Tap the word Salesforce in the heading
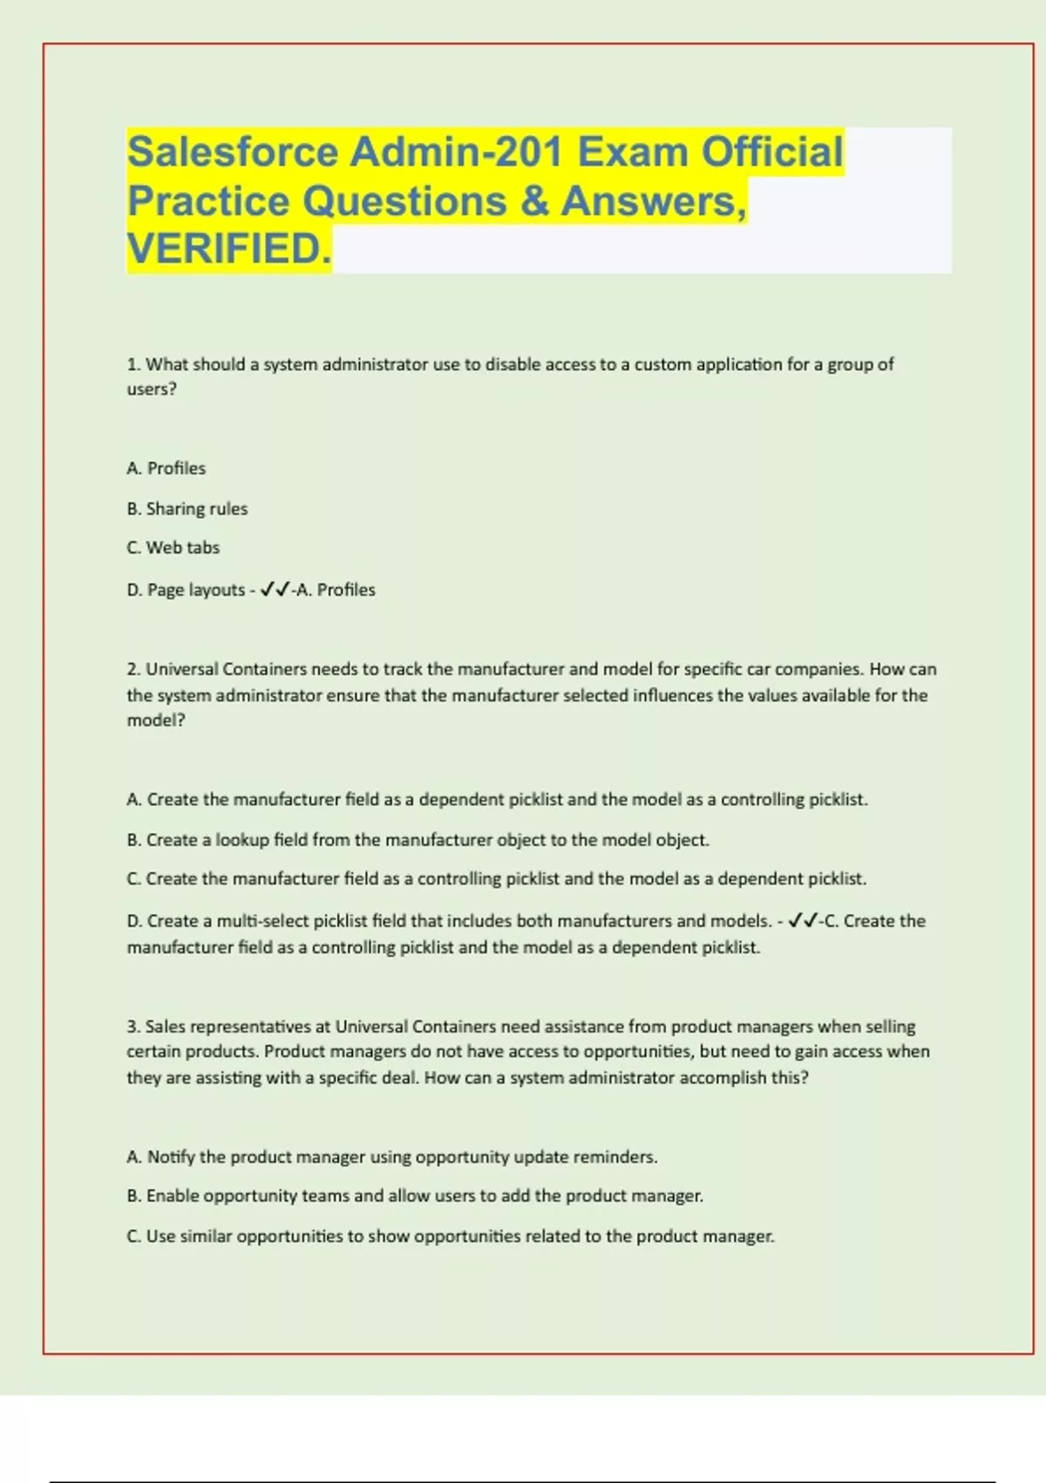pos(233,152)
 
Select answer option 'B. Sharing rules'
pos(187,509)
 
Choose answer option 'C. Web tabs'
pos(173,548)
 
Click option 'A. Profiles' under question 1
pos(166,468)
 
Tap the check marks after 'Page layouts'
pos(275,590)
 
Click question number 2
pos(133,669)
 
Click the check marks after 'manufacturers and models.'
pos(802,921)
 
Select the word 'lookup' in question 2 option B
pos(242,840)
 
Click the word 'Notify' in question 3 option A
pos(171,1157)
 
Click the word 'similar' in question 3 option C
pos(206,1236)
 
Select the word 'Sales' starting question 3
pos(166,1027)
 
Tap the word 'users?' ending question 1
pos(152,389)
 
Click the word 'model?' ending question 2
pos(156,721)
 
